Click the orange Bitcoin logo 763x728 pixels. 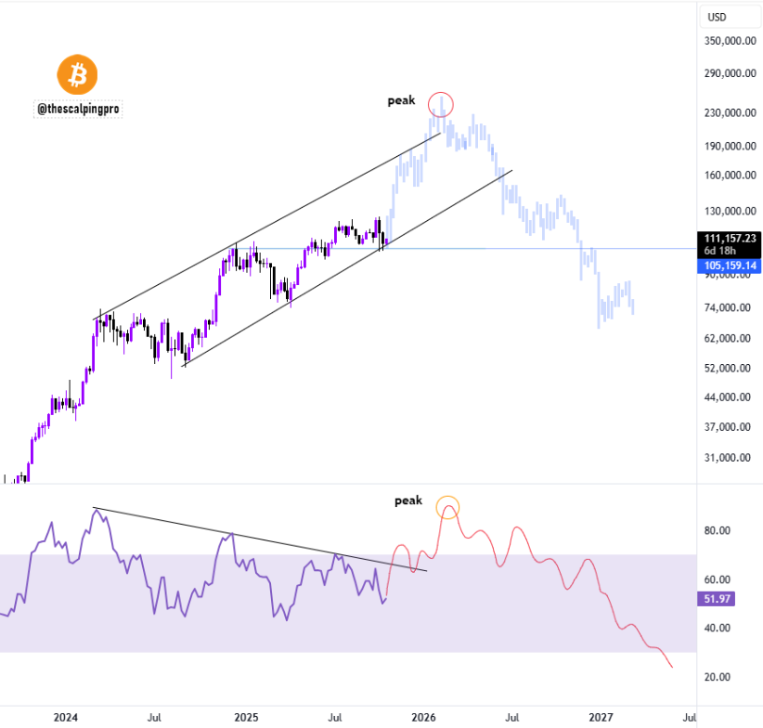(78, 73)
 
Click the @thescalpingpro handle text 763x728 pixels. (78, 109)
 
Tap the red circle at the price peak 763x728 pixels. (441, 104)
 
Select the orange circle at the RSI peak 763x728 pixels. (448, 507)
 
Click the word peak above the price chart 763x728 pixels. (402, 100)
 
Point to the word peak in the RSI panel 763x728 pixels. (408, 500)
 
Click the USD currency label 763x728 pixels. (718, 18)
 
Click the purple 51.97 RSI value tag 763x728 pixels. (715, 599)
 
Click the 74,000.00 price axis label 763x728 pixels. (731, 307)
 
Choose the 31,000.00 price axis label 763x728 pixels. (731, 457)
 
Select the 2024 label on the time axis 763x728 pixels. (65, 717)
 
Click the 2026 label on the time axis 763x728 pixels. (423, 717)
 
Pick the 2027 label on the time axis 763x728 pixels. (601, 717)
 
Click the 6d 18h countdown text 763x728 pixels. (721, 251)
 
